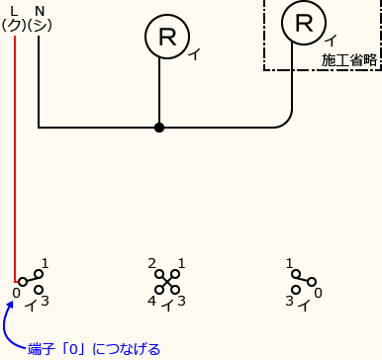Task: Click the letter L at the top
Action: pos(15,10)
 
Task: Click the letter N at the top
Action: pos(39,10)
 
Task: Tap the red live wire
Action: pos(15,148)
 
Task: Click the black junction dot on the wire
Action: pos(159,128)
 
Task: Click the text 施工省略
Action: pos(349,60)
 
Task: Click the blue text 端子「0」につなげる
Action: pos(93,348)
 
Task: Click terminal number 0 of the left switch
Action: pos(16,295)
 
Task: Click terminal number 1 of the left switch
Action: pos(46,264)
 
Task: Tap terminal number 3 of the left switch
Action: pos(45,301)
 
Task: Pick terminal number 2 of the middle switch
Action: pos(152,264)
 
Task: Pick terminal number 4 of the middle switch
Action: pos(152,301)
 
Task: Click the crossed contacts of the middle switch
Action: pos(167,282)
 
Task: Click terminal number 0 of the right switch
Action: pos(317,294)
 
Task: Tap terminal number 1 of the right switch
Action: pos(289,264)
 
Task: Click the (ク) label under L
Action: pos(15,24)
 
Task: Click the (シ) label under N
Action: pos(40,24)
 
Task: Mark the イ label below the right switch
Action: pos(303,306)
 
